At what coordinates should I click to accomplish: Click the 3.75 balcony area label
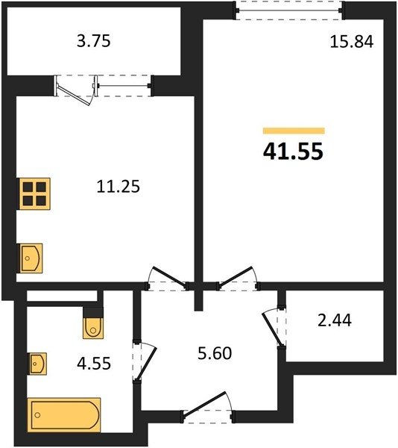click(93, 41)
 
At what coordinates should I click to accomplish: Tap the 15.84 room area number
click(352, 42)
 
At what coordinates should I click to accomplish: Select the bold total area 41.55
click(293, 151)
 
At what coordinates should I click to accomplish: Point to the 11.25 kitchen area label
click(119, 187)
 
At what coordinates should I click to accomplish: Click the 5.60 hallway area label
click(215, 353)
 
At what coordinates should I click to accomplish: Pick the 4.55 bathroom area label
click(94, 364)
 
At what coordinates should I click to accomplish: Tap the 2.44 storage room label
click(335, 320)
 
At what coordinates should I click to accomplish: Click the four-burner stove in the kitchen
click(34, 193)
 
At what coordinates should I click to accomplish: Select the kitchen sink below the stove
click(30, 258)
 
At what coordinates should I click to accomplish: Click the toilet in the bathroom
click(93, 328)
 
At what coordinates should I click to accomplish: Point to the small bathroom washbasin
click(37, 364)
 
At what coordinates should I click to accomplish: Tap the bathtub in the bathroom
click(64, 415)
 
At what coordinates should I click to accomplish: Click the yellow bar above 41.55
click(294, 131)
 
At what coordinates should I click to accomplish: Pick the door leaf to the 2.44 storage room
click(272, 329)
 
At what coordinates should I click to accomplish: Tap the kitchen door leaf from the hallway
click(169, 276)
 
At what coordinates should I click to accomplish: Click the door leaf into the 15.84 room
click(236, 276)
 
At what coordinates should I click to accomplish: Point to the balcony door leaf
click(75, 94)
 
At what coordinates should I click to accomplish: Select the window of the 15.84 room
click(289, 10)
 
